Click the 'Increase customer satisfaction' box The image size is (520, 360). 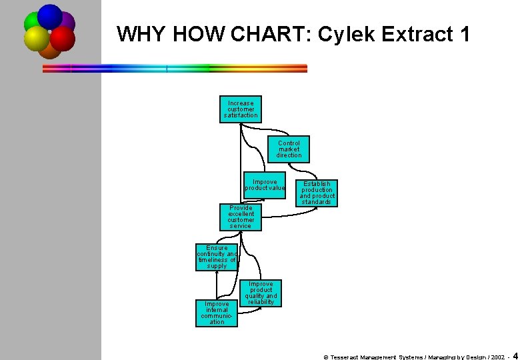(x=241, y=109)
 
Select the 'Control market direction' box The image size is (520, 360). (x=289, y=149)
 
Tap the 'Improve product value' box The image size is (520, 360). (x=265, y=185)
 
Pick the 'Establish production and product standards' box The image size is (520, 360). (x=317, y=193)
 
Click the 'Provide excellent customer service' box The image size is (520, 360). (x=241, y=217)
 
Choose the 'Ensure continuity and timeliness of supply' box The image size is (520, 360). (x=217, y=257)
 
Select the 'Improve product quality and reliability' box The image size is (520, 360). (x=261, y=293)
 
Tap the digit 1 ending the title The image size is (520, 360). (x=465, y=35)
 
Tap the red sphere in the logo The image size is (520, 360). (x=63, y=38)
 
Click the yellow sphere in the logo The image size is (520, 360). (x=36, y=39)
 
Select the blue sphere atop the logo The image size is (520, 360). (x=49, y=16)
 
